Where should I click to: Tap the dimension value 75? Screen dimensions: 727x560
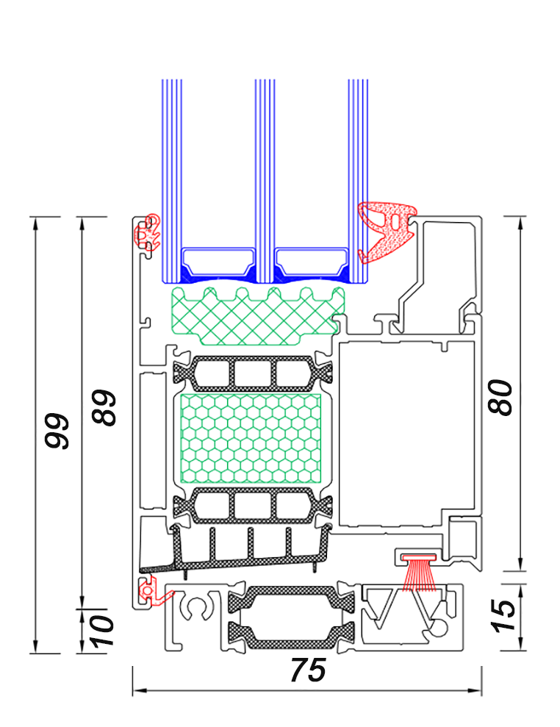tap(307, 670)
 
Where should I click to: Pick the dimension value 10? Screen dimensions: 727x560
tap(104, 631)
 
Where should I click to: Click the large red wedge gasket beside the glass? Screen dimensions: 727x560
tap(384, 231)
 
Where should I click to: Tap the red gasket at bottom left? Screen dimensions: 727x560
tap(151, 591)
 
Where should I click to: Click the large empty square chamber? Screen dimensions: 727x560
tap(404, 434)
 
